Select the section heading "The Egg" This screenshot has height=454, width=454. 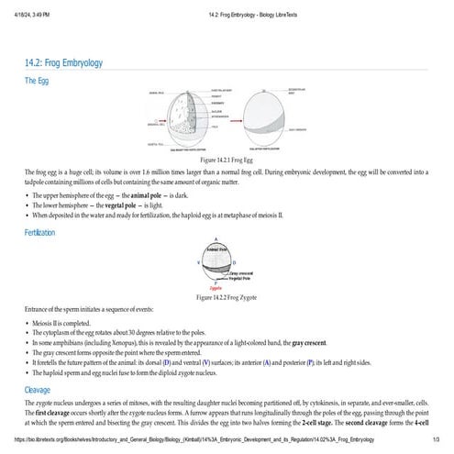click(x=39, y=82)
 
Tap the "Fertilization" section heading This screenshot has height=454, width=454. click(x=45, y=233)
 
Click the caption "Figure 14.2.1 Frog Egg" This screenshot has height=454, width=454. click(x=227, y=184)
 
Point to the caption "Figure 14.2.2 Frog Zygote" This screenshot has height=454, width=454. click(x=227, y=297)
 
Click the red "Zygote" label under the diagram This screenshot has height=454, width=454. click(x=216, y=288)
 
